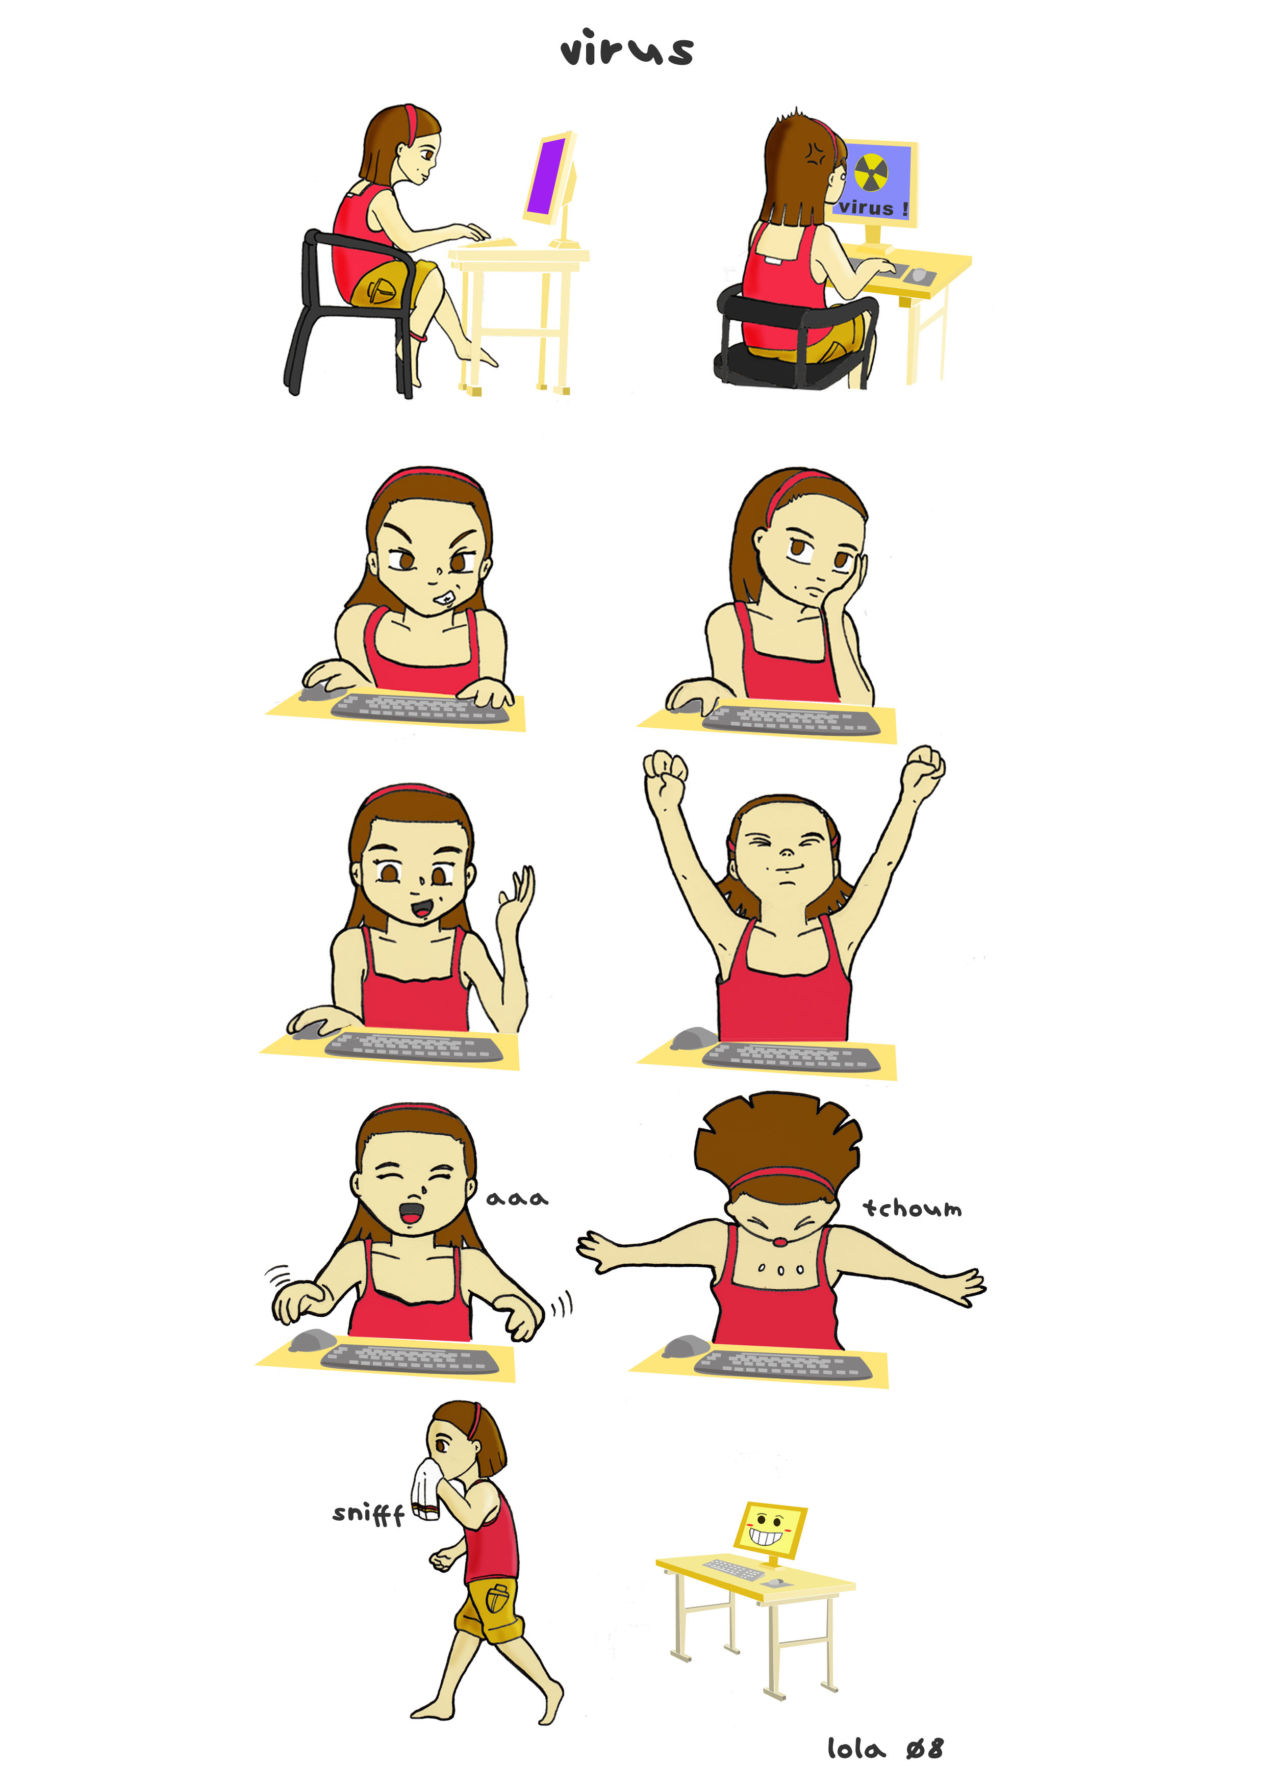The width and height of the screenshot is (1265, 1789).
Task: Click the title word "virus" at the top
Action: (627, 48)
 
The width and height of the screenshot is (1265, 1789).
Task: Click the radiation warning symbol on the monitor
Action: (871, 172)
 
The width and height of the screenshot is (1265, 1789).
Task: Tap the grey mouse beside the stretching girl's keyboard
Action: (693, 1038)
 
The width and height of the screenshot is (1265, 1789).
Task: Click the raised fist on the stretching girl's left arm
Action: (665, 772)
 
